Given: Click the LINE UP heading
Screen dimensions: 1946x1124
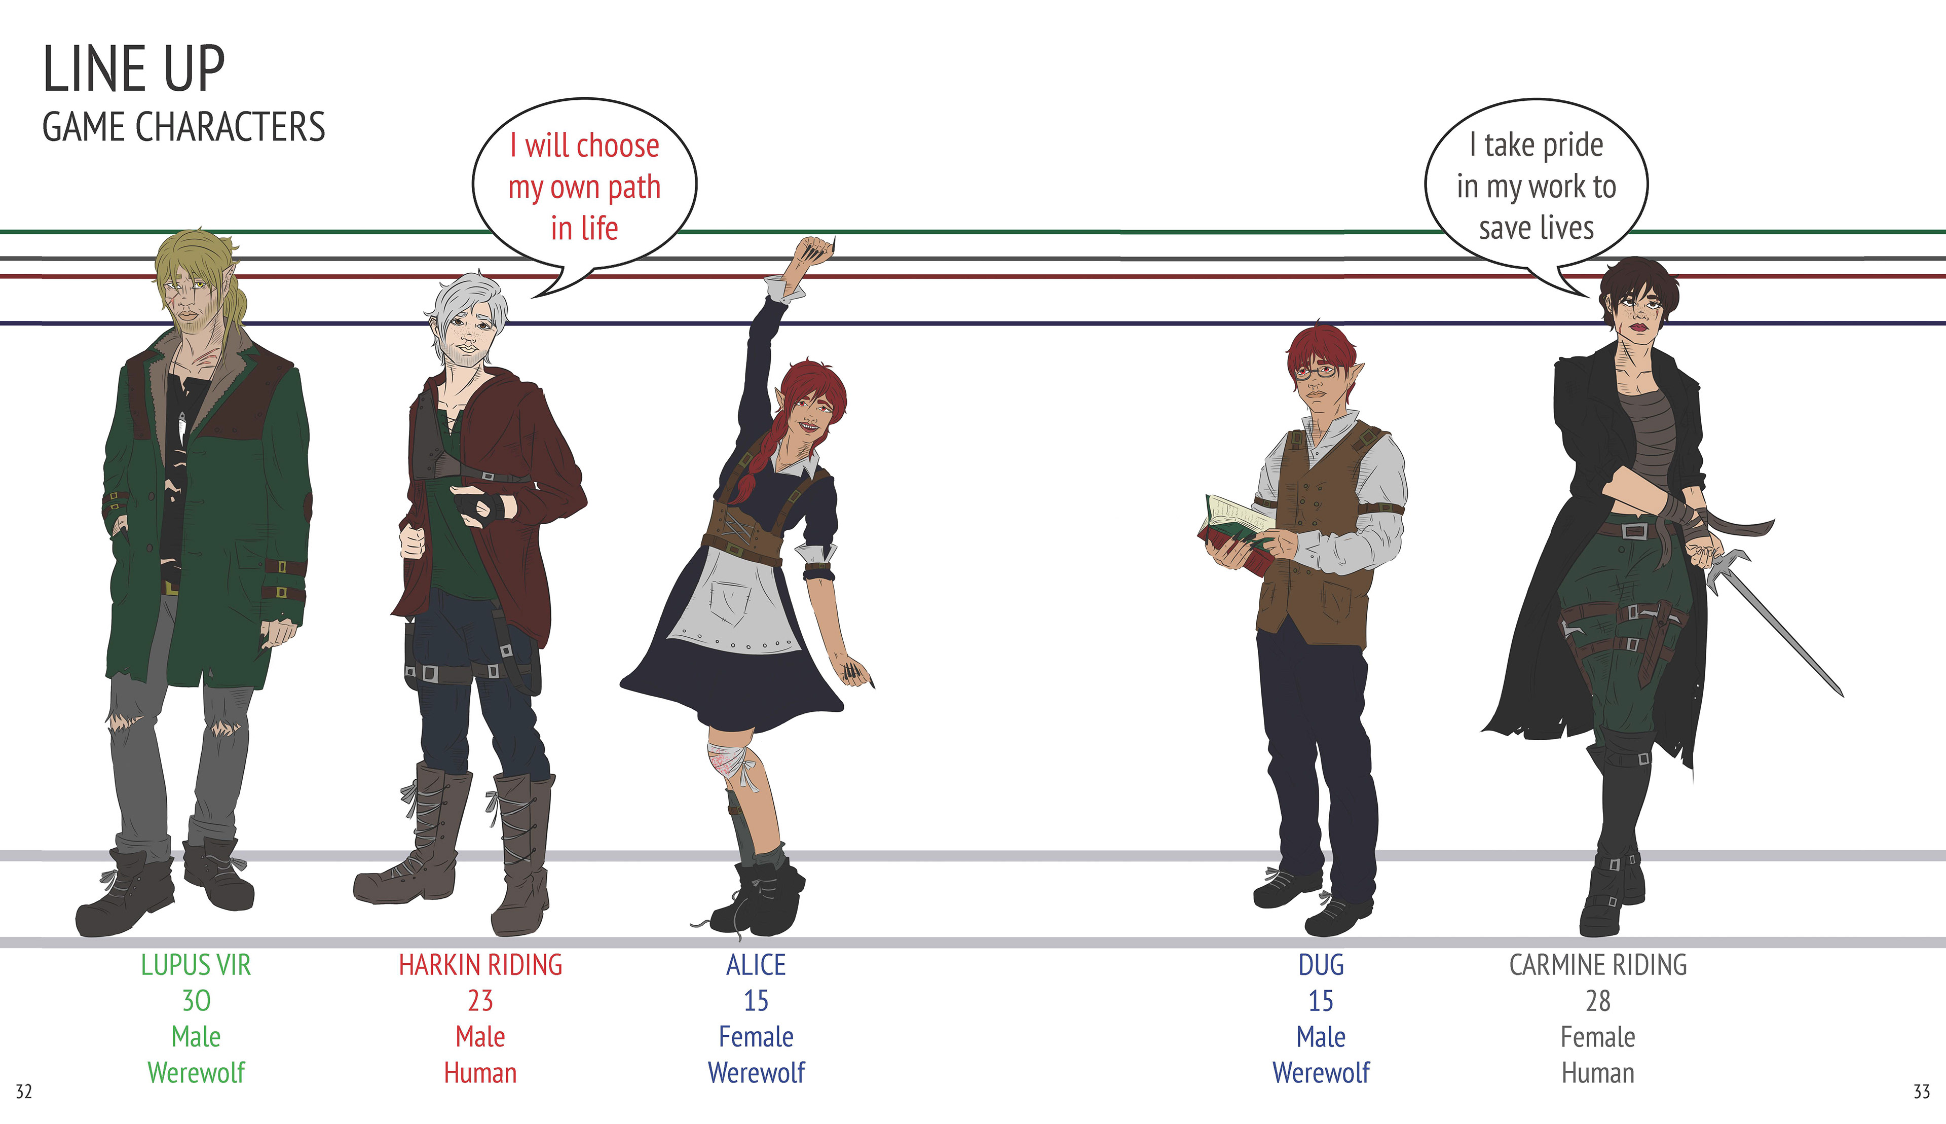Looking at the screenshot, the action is (x=133, y=69).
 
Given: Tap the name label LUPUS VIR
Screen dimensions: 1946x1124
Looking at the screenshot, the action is (x=196, y=965).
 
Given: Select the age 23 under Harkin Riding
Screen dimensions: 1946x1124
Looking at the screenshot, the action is (x=480, y=1001).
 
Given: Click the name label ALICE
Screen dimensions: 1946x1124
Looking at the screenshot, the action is (x=756, y=965).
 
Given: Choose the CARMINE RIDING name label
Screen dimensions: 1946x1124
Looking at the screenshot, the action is (x=1597, y=965).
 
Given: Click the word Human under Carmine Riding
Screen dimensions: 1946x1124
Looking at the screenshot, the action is (x=1597, y=1073).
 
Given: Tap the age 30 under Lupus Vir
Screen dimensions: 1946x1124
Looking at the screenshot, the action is (x=196, y=1001).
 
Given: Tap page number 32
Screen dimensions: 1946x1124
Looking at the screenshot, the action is (x=24, y=1092).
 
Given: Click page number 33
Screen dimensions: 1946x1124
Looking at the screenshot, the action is (x=1921, y=1092).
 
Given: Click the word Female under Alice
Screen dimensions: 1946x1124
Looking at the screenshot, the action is (x=756, y=1037).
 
